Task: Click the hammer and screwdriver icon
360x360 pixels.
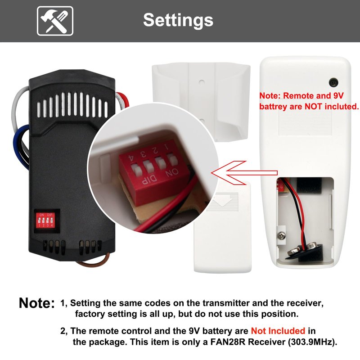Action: pyautogui.click(x=55, y=21)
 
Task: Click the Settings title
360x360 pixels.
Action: pyautogui.click(x=178, y=20)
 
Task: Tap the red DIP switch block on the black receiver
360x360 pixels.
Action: pyautogui.click(x=45, y=221)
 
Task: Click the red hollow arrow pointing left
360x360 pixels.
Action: pyautogui.click(x=244, y=173)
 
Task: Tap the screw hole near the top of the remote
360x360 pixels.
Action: pyautogui.click(x=333, y=82)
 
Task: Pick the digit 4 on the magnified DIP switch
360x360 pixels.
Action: pyautogui.click(x=132, y=159)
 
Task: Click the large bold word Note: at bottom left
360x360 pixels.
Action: pyautogui.click(x=37, y=303)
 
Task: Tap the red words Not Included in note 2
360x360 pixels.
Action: pyautogui.click(x=278, y=331)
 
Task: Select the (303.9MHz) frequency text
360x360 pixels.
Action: pyautogui.click(x=313, y=342)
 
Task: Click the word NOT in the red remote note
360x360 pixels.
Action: pyautogui.click(x=313, y=107)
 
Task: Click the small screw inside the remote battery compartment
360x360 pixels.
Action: pyautogui.click(x=282, y=235)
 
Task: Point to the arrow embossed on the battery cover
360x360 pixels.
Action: pyautogui.click(x=223, y=199)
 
